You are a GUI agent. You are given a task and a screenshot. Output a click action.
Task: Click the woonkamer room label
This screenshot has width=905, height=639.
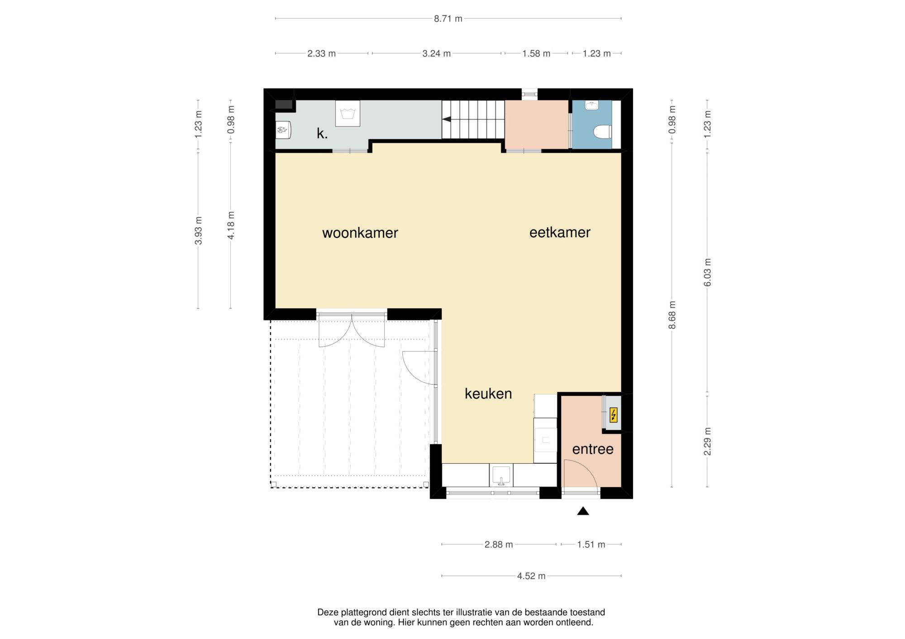tap(360, 233)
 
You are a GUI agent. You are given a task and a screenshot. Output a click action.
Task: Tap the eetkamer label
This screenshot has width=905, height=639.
tap(560, 232)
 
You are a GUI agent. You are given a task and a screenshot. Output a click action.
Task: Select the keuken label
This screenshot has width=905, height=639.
tap(488, 394)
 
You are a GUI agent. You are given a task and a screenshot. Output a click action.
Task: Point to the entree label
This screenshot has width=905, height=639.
tap(593, 449)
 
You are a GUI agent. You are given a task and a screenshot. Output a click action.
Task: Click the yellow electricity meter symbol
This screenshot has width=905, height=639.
tap(614, 415)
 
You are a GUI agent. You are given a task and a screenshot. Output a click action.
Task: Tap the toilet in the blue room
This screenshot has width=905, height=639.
tap(602, 132)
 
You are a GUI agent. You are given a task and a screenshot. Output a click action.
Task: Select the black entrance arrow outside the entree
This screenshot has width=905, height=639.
tap(583, 511)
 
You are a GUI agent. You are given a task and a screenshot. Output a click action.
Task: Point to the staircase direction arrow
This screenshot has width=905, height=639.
tap(447, 119)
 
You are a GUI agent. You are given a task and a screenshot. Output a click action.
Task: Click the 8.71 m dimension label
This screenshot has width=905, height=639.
tap(448, 19)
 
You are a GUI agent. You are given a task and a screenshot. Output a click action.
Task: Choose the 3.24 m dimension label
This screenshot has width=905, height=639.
tap(436, 53)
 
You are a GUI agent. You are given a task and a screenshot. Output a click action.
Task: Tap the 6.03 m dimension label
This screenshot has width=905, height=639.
tap(708, 272)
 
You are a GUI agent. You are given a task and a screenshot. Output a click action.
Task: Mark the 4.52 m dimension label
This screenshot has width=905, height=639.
tap(531, 576)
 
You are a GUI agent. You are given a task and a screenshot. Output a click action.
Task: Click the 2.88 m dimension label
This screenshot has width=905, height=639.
tap(499, 545)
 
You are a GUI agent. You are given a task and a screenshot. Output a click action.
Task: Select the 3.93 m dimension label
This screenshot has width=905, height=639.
tap(198, 230)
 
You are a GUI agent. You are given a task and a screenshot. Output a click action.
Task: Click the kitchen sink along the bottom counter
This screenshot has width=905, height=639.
tap(501, 475)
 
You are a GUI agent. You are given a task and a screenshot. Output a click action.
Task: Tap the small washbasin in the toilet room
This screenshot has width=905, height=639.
tap(592, 106)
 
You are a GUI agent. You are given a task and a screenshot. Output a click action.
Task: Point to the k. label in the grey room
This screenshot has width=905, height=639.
tap(322, 133)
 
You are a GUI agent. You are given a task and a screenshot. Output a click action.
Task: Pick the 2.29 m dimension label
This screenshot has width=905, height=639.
tap(708, 441)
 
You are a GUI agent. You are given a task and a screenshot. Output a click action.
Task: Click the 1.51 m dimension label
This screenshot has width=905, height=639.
tap(591, 545)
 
